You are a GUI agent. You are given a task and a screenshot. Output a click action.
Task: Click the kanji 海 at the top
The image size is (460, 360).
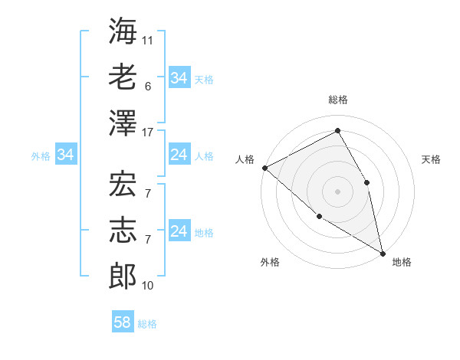click(x=123, y=31)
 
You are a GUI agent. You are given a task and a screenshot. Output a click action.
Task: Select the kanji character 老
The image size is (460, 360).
click(x=123, y=77)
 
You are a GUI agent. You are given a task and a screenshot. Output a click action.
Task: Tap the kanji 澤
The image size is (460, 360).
click(x=123, y=123)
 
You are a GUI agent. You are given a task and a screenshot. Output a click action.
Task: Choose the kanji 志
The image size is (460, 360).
click(x=123, y=231)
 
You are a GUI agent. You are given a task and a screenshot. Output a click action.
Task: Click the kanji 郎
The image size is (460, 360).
click(x=123, y=277)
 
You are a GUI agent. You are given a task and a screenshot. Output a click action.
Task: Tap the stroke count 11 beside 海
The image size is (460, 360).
click(x=149, y=40)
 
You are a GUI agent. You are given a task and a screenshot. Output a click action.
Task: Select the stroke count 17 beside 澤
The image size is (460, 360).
click(x=149, y=132)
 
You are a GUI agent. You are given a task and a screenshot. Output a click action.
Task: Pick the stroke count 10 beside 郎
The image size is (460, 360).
click(x=149, y=286)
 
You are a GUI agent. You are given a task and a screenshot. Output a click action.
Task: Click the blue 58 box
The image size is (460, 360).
click(x=122, y=322)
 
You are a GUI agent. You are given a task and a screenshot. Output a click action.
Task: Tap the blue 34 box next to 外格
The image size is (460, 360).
click(x=65, y=155)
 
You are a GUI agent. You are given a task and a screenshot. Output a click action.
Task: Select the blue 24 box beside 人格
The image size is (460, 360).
click(x=179, y=155)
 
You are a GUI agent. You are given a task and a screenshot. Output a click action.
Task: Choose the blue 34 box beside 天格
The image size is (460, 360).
click(x=179, y=78)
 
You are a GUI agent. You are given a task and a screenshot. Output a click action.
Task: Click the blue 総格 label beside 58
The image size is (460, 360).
click(x=147, y=324)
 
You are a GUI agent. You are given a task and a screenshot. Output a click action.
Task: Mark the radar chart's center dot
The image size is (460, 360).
click(x=337, y=191)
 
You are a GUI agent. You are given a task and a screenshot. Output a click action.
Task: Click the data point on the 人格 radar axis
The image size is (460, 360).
click(x=264, y=168)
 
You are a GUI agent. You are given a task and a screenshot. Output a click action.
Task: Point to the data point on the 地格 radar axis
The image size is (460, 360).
click(x=382, y=252)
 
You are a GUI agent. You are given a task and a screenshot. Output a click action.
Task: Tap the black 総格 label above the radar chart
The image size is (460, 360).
click(x=337, y=100)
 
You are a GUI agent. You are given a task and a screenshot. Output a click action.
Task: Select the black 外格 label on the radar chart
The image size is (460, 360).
click(x=270, y=263)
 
